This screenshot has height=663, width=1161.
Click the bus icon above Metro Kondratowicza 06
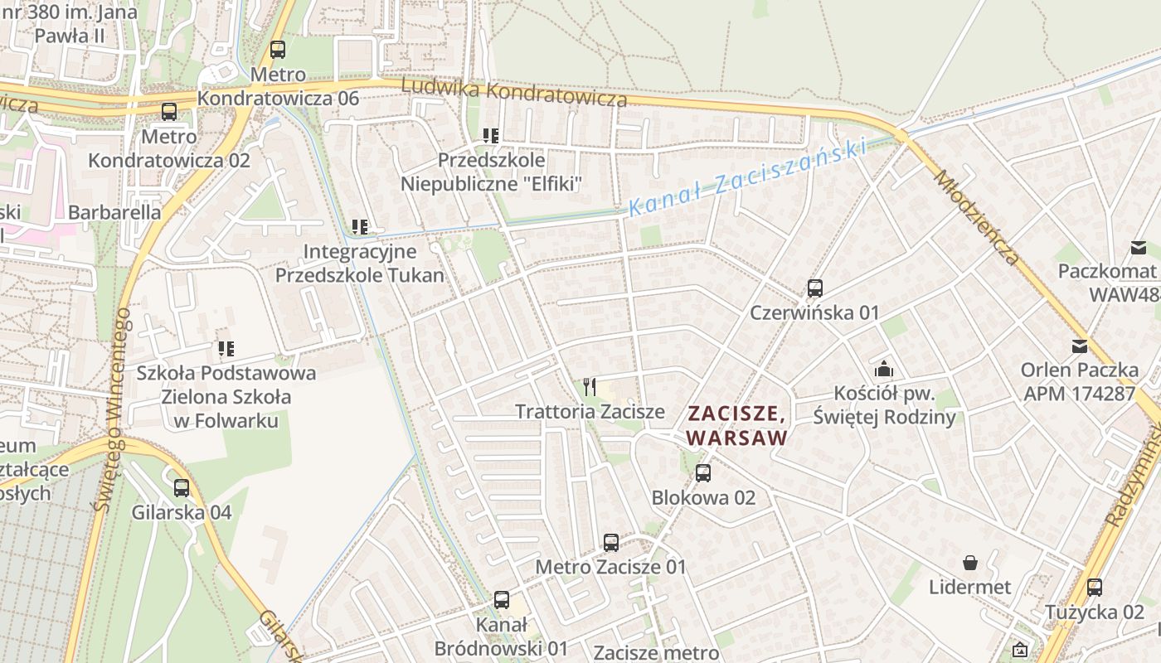(278, 50)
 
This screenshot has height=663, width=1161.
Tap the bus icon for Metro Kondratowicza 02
(169, 112)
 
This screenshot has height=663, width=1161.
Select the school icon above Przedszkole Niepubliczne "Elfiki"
(490, 135)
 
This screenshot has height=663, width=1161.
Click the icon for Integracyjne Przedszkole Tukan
(359, 226)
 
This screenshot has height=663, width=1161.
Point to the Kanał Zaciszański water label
(746, 177)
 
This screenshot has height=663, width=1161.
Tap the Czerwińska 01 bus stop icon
(815, 288)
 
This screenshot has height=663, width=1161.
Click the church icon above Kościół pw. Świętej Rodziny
(884, 368)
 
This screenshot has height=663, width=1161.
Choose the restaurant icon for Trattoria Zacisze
(590, 386)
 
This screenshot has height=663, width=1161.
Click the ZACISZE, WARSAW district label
(736, 424)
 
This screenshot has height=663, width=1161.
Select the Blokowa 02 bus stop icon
(703, 473)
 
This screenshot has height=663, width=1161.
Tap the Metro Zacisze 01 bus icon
(611, 543)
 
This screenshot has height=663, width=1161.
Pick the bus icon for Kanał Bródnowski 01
(502, 600)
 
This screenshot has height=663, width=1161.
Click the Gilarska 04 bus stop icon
(182, 488)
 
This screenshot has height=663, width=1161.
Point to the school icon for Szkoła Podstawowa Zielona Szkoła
(226, 349)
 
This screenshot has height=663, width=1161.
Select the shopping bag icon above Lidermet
(969, 563)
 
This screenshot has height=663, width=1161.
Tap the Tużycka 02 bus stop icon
(1095, 588)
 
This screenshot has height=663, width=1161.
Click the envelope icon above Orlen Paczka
(1079, 346)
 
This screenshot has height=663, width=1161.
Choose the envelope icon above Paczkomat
(1137, 247)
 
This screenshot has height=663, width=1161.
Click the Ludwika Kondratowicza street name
(513, 92)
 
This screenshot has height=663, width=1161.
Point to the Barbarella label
(114, 212)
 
